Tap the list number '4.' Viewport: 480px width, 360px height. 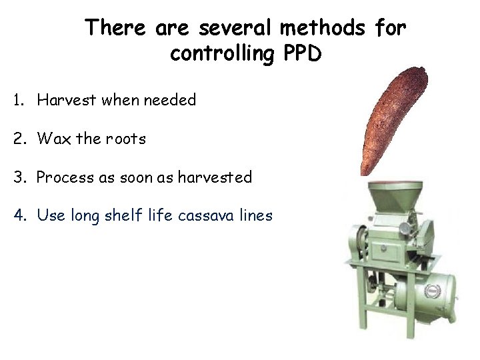pos(20,215)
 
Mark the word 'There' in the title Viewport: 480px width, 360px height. pos(117,28)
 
